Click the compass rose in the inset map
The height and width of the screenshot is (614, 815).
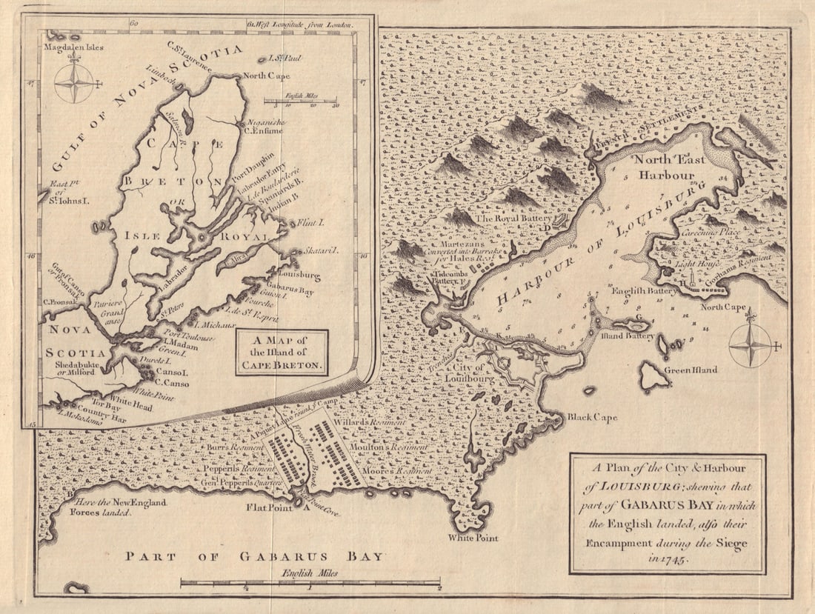coord(75,82)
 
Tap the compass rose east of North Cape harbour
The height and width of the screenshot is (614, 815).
coord(750,345)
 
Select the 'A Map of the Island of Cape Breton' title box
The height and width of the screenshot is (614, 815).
coord(282,353)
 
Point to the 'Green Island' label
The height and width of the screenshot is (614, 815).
coord(690,370)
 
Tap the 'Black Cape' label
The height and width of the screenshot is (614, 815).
coord(592,418)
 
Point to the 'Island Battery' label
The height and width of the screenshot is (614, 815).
coord(628,336)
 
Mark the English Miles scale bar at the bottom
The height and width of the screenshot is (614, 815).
coord(310,584)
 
